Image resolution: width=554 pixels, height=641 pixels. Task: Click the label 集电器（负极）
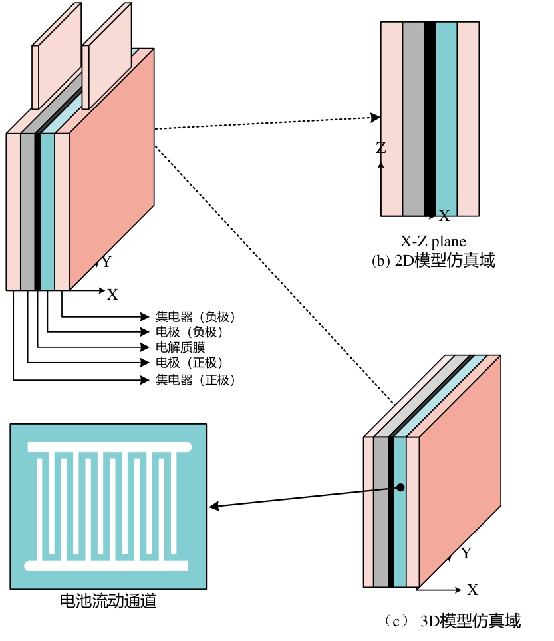(x=196, y=316)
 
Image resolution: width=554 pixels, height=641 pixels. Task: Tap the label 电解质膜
(x=180, y=347)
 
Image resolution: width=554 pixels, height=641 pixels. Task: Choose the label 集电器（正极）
(x=196, y=380)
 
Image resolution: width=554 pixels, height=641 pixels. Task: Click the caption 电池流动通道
(x=108, y=601)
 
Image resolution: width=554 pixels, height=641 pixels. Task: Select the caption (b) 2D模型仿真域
(x=433, y=261)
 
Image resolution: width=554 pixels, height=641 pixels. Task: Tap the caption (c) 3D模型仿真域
(x=452, y=622)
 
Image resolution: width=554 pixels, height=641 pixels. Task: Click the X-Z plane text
(x=433, y=241)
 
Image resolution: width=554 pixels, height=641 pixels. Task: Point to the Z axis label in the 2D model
(x=380, y=148)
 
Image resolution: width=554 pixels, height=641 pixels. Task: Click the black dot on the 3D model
(x=400, y=488)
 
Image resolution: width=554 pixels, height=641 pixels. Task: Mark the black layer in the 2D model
(x=430, y=118)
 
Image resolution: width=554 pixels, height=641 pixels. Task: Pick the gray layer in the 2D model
(x=413, y=118)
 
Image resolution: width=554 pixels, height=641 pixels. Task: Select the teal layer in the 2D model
(x=446, y=118)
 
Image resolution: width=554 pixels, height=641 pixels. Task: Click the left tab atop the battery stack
(x=57, y=56)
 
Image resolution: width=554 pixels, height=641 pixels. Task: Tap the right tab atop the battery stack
(x=106, y=56)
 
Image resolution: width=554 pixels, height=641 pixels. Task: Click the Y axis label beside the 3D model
(x=466, y=554)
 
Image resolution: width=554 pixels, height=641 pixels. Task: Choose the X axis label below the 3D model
(x=472, y=590)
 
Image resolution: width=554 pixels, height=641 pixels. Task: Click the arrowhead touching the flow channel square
(x=213, y=507)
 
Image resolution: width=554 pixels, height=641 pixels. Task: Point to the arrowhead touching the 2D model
(x=376, y=118)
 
